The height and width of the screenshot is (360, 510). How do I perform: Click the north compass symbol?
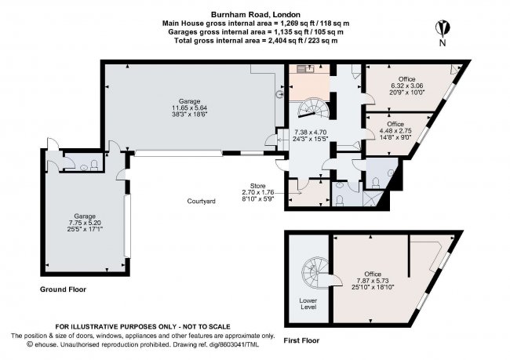[x=444, y=29]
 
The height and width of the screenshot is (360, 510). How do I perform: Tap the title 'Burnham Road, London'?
[x=254, y=13]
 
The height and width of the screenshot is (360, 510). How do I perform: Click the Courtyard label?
[x=201, y=201]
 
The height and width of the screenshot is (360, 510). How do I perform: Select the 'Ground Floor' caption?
[x=63, y=289]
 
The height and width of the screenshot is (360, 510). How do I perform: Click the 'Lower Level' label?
[x=308, y=304]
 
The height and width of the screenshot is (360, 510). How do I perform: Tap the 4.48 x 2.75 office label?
[x=395, y=130]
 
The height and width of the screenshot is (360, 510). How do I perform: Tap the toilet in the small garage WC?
[x=94, y=165]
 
